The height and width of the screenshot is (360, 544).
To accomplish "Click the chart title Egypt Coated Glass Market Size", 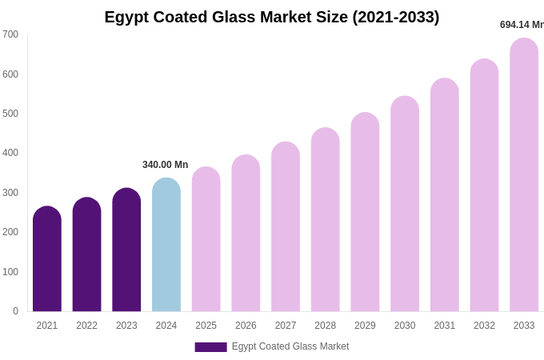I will (x=272, y=17).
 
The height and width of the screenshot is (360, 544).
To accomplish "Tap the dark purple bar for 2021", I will (x=47, y=259).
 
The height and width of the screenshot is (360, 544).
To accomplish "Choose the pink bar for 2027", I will (x=286, y=227).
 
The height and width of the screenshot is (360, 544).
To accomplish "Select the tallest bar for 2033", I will (x=524, y=175).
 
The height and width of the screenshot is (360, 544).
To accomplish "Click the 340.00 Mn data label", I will (x=165, y=165).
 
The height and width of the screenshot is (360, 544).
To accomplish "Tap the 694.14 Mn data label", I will (x=522, y=25).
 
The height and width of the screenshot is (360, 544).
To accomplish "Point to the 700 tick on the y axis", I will (x=10, y=34).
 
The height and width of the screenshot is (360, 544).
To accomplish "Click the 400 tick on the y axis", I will (x=10, y=153).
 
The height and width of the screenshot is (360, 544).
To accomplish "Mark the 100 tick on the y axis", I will (x=10, y=272).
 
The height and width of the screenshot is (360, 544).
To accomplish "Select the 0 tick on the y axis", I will (x=15, y=311).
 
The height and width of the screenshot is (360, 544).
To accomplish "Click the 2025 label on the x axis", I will (x=206, y=326).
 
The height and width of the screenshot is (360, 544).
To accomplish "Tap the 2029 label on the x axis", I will (x=365, y=326).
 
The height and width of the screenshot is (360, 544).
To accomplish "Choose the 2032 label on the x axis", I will (x=484, y=326).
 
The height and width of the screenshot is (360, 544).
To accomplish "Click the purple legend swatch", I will (x=210, y=347).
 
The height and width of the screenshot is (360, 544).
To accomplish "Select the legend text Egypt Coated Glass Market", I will (x=290, y=346).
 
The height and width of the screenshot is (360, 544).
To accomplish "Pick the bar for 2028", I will (x=326, y=220).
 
